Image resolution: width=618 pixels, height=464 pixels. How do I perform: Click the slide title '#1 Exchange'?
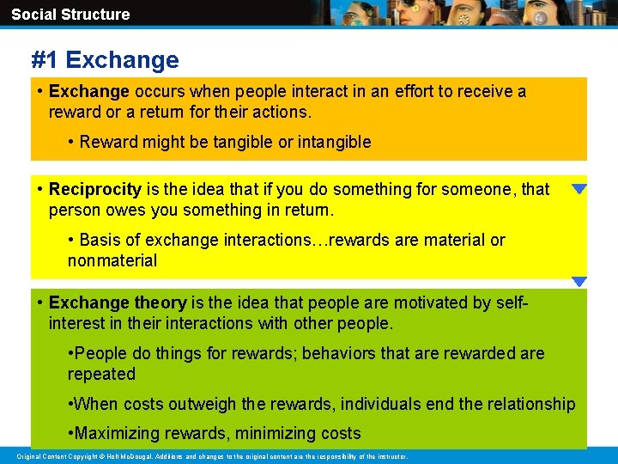tap(105, 60)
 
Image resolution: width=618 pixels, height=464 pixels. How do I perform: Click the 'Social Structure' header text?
tap(70, 15)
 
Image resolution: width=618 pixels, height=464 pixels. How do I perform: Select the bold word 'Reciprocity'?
tap(94, 189)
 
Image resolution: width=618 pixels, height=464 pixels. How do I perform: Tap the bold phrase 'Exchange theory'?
tap(118, 302)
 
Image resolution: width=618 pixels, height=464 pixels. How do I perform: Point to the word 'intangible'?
tap(334, 142)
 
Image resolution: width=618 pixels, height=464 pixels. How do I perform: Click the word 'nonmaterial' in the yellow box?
tap(112, 260)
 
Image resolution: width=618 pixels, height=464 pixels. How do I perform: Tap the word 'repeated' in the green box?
tap(101, 374)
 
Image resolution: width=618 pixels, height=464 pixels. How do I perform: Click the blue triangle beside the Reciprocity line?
tap(579, 189)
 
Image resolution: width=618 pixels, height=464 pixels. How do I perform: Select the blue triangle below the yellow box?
tap(579, 282)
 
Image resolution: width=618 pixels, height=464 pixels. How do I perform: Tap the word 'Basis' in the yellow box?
tap(100, 240)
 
